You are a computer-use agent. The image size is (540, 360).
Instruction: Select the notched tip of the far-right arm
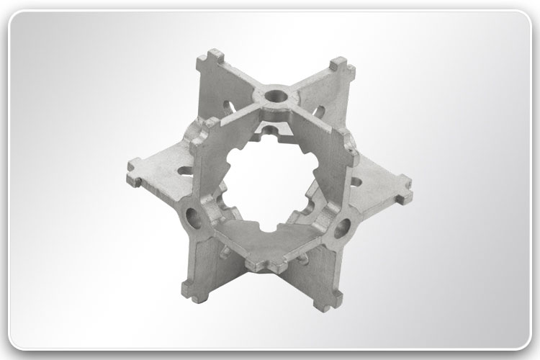coord(404,195)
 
